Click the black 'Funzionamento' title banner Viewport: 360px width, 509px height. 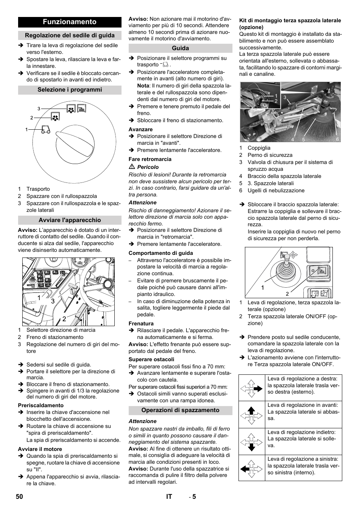(70, 22)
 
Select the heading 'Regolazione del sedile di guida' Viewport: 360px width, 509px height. (70, 35)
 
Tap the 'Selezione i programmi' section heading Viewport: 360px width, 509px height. (70, 90)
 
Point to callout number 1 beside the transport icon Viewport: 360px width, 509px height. (26, 130)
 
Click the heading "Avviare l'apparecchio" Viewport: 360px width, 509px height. (70, 220)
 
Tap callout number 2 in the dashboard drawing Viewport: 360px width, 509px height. (64, 319)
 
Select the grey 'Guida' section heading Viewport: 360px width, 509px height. (180, 48)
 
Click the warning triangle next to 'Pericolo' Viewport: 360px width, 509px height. (132, 167)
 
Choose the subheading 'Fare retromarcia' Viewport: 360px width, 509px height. (150, 159)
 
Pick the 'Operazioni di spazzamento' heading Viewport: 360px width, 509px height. (180, 410)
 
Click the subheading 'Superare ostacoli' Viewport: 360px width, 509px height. (151, 359)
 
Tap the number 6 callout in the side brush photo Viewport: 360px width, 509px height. (337, 139)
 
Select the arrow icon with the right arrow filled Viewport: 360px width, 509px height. (252, 388)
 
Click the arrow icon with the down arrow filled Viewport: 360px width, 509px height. (252, 442)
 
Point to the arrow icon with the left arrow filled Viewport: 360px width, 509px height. (252, 468)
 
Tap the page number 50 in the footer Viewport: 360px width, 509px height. (20, 497)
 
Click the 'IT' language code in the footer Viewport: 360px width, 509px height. (169, 497)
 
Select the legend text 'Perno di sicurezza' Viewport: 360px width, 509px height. (270, 155)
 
